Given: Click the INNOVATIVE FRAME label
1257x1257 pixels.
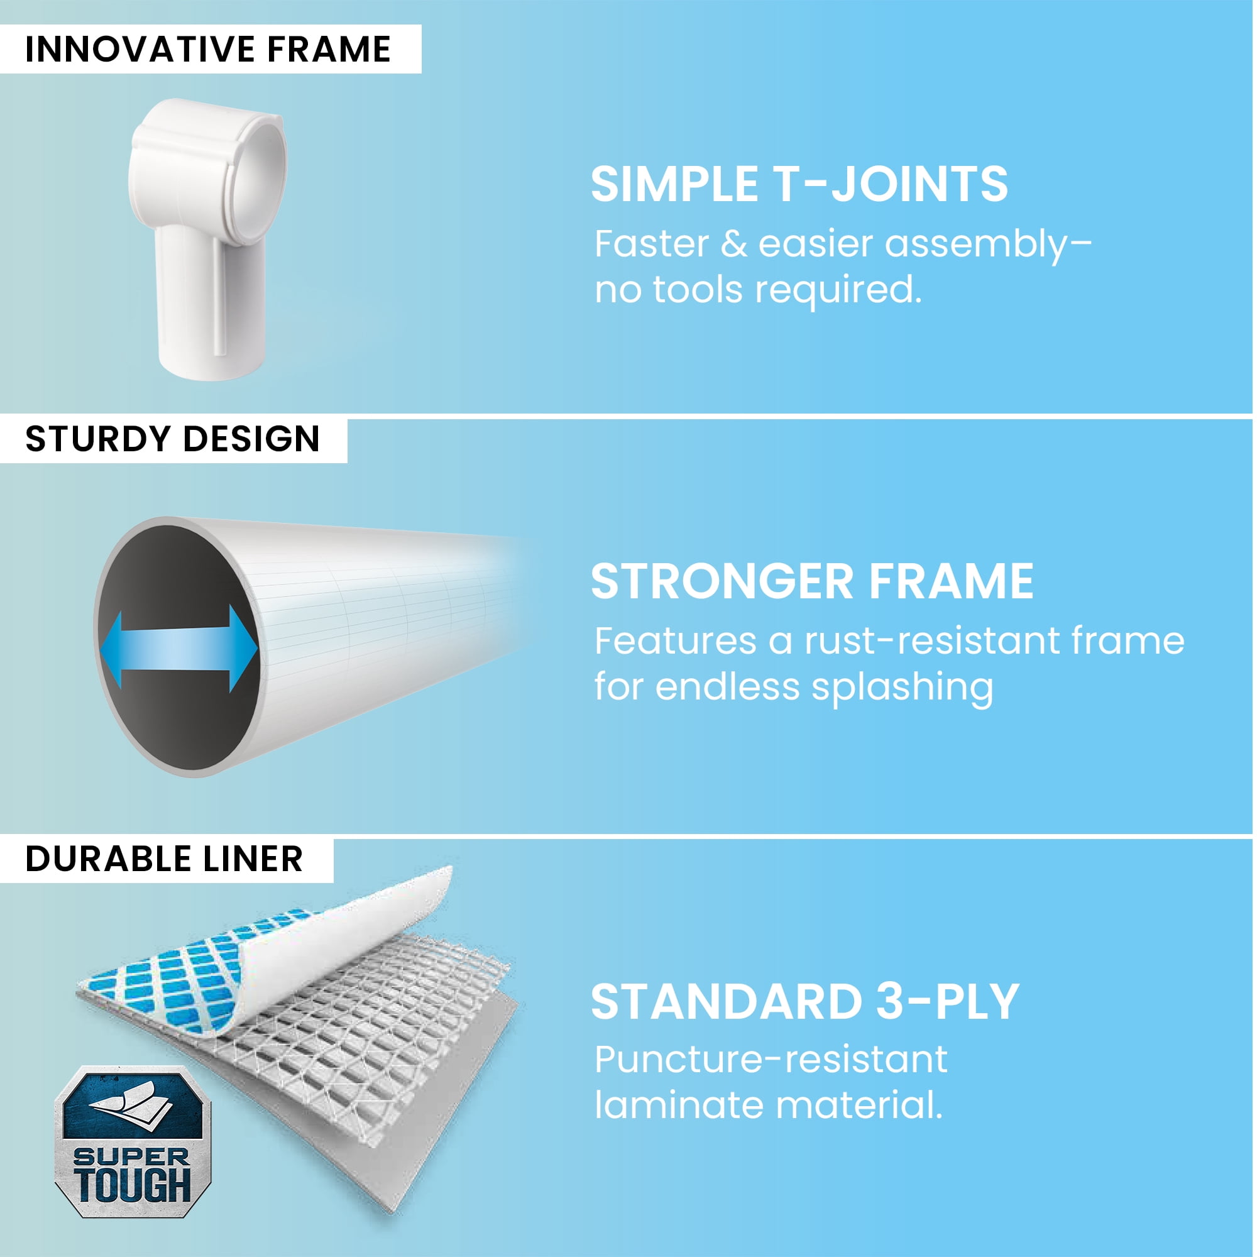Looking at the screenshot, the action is (x=208, y=50).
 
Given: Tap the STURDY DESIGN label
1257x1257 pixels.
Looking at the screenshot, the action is (x=172, y=439).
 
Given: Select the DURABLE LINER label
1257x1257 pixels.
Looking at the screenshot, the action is (x=164, y=859).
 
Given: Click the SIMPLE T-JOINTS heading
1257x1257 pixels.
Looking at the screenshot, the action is (x=799, y=184).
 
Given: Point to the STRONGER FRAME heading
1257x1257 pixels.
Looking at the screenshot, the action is (x=813, y=581).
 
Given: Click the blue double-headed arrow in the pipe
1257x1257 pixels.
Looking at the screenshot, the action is (x=179, y=649).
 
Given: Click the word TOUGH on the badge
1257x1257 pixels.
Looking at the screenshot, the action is (x=133, y=1185).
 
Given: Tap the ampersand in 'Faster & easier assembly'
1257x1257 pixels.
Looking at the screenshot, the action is (x=734, y=244).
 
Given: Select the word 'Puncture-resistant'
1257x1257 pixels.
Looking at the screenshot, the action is (x=771, y=1061).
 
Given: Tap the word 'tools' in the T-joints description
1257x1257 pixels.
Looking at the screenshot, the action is (x=697, y=290).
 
